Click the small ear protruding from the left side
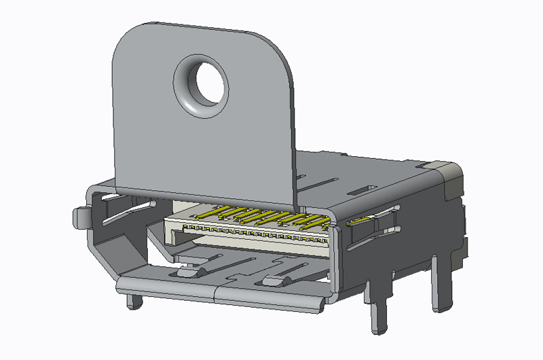(x=80, y=217)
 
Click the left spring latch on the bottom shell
(x=189, y=271)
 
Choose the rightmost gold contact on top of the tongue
(x=319, y=221)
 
